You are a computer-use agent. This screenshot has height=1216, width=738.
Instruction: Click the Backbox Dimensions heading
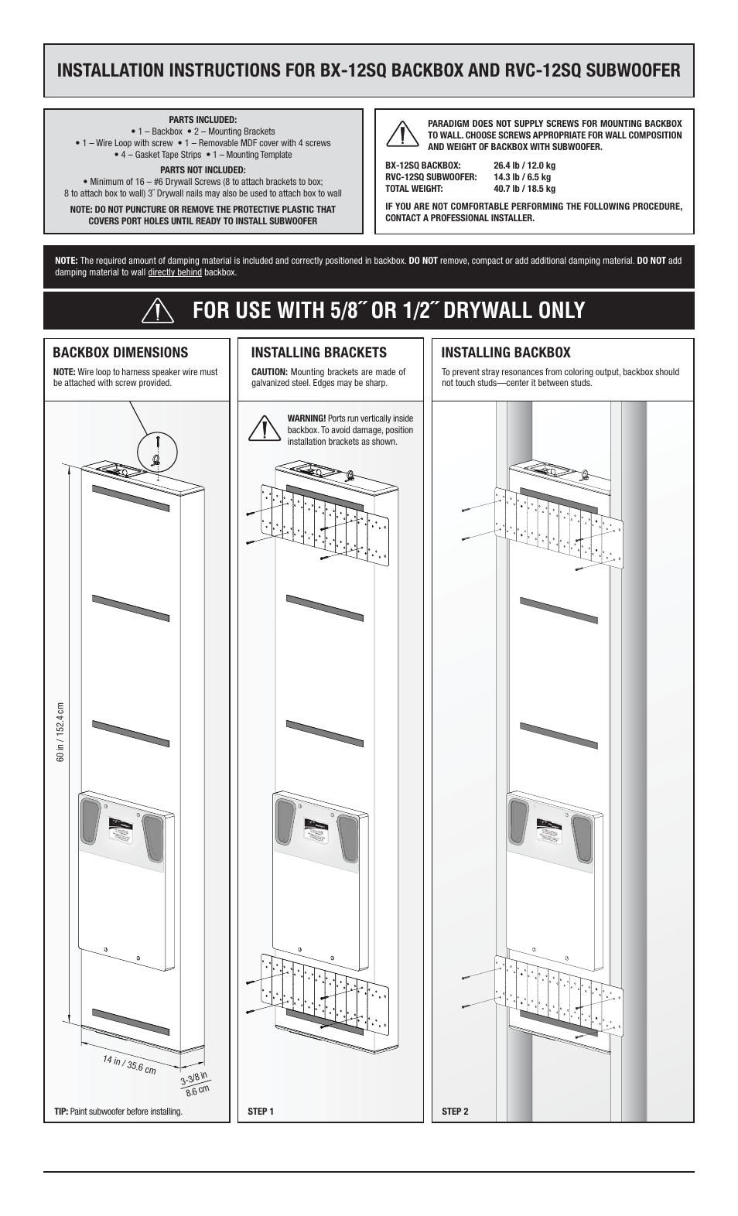(120, 353)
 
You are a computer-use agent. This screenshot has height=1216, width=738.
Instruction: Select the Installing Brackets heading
(319, 353)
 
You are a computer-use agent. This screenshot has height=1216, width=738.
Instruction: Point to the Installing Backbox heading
(505, 353)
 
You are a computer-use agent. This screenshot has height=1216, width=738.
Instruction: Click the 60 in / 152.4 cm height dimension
(60, 732)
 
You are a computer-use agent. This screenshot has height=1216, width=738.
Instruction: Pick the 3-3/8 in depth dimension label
(194, 1081)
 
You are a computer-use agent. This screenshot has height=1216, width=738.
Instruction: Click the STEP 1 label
(261, 1112)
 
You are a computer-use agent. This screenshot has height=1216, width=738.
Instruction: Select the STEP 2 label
(455, 1112)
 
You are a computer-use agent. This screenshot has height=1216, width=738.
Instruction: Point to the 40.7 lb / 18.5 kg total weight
(524, 189)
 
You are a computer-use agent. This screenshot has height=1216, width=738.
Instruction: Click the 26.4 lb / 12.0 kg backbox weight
(524, 166)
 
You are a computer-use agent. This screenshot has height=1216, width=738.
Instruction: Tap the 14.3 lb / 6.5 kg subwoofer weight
(521, 177)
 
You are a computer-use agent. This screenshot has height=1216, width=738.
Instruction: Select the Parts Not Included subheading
(203, 170)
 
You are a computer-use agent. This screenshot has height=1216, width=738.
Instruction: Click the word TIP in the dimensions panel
(60, 1112)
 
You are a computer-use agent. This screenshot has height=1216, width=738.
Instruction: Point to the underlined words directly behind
(175, 272)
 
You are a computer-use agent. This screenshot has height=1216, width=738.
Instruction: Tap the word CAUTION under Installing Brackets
(269, 372)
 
